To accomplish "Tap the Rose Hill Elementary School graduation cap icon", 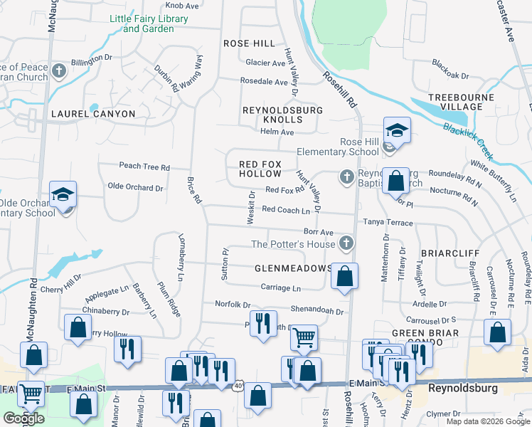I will pos(397,130).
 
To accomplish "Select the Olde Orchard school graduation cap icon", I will pos(63,194).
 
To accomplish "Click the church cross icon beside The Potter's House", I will pos(346,244).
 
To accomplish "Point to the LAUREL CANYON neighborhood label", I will pos(92,114).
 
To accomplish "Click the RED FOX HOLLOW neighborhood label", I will pos(260,169).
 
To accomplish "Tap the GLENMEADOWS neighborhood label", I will pos(293,268).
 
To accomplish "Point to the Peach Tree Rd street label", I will pos(144,167).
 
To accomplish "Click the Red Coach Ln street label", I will pos(286,210).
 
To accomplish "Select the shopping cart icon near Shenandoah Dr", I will pos(304,337).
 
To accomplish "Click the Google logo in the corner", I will pos(24,418).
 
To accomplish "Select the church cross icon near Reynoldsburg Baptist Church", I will pos(346,176).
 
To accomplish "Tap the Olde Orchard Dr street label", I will pos(135,188).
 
